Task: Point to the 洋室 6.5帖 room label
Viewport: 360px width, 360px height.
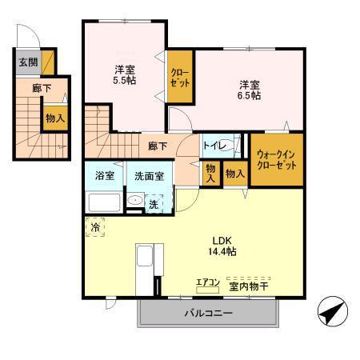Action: pyautogui.click(x=249, y=90)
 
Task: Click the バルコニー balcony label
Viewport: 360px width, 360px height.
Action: pyautogui.click(x=210, y=313)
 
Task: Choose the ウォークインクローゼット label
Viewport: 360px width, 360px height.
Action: pyautogui.click(x=276, y=159)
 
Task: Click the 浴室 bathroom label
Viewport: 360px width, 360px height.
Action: pyautogui.click(x=105, y=175)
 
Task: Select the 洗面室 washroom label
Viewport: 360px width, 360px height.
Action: pyautogui.click(x=149, y=175)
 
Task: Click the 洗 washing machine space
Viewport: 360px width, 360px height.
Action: pyautogui.click(x=153, y=204)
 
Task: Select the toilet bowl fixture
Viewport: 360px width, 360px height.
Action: pyautogui.click(x=228, y=146)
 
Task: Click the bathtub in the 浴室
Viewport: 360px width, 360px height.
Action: pyautogui.click(x=103, y=202)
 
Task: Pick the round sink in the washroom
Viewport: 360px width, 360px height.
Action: pyautogui.click(x=135, y=202)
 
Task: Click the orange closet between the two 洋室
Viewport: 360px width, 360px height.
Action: pyautogui.click(x=178, y=77)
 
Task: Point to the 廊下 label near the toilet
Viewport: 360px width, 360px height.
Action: pyautogui.click(x=158, y=146)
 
